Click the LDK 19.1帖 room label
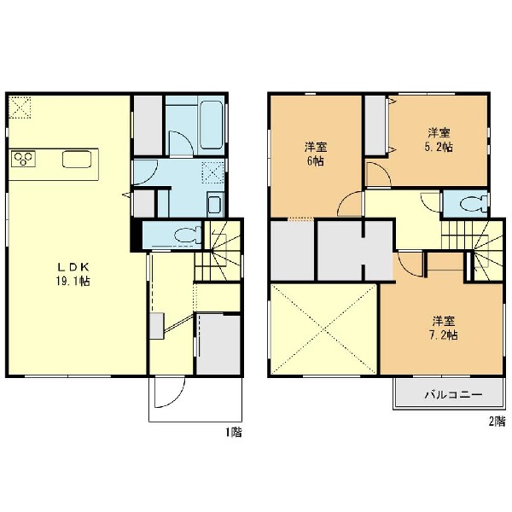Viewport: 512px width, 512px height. coord(73,274)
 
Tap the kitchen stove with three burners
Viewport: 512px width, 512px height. coord(23,159)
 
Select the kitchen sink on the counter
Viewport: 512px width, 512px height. coord(77,159)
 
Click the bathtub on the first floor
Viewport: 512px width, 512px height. coord(212,125)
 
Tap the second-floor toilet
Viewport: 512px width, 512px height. coord(473,205)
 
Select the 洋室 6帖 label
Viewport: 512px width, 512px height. coord(316,154)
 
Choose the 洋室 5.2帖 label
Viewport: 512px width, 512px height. coord(439,140)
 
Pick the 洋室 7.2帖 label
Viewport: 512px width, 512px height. coord(444,328)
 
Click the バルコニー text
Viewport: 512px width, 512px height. coord(453,395)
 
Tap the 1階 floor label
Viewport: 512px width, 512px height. coord(234,433)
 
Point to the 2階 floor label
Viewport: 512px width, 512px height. coord(497,422)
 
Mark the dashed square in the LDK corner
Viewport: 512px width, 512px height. coord(20,108)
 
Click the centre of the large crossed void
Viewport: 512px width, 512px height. coord(323,329)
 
